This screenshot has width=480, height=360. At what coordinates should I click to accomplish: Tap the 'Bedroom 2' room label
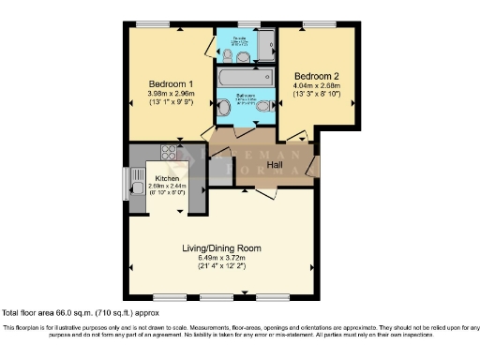click(316, 75)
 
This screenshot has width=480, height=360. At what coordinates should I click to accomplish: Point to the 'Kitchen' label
click(167, 177)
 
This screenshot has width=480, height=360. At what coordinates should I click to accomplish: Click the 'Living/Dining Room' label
click(221, 248)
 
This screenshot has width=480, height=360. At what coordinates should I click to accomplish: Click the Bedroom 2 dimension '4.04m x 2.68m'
click(316, 86)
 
